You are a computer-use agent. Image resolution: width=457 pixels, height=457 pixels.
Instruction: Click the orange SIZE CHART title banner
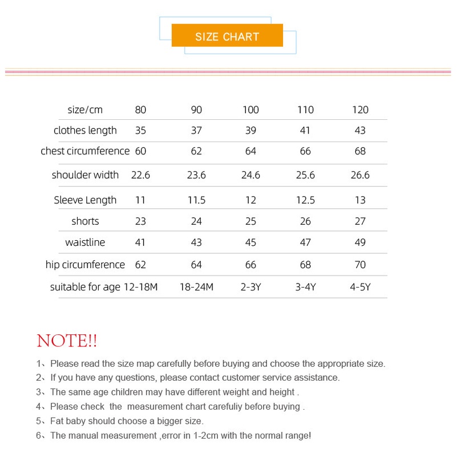227,36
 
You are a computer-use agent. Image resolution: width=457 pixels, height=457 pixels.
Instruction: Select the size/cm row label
85,110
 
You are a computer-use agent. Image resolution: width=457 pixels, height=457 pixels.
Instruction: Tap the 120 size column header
360,110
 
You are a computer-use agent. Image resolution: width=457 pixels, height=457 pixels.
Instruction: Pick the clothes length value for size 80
140,130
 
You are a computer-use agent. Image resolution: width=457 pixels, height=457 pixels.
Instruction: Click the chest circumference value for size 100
250,151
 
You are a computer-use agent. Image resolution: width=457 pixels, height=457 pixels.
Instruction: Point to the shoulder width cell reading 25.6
305,175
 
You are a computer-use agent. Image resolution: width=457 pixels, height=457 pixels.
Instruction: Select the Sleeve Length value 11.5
196,200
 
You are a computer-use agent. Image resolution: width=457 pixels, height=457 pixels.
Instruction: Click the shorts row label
85,221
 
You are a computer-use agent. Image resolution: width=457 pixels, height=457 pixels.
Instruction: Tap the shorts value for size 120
360,221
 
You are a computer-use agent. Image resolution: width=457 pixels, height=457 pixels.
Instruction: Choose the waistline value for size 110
305,242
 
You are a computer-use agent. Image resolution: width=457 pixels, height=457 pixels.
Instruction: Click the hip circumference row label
85,265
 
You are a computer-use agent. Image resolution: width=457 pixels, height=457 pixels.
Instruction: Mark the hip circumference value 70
360,265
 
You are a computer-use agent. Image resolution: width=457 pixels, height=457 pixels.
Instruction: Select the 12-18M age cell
140,287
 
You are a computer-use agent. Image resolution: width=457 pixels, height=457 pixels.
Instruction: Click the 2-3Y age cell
250,287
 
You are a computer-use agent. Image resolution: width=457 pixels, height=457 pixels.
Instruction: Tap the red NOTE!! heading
67,341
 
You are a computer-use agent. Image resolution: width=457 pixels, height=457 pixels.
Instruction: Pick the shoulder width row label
85,175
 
